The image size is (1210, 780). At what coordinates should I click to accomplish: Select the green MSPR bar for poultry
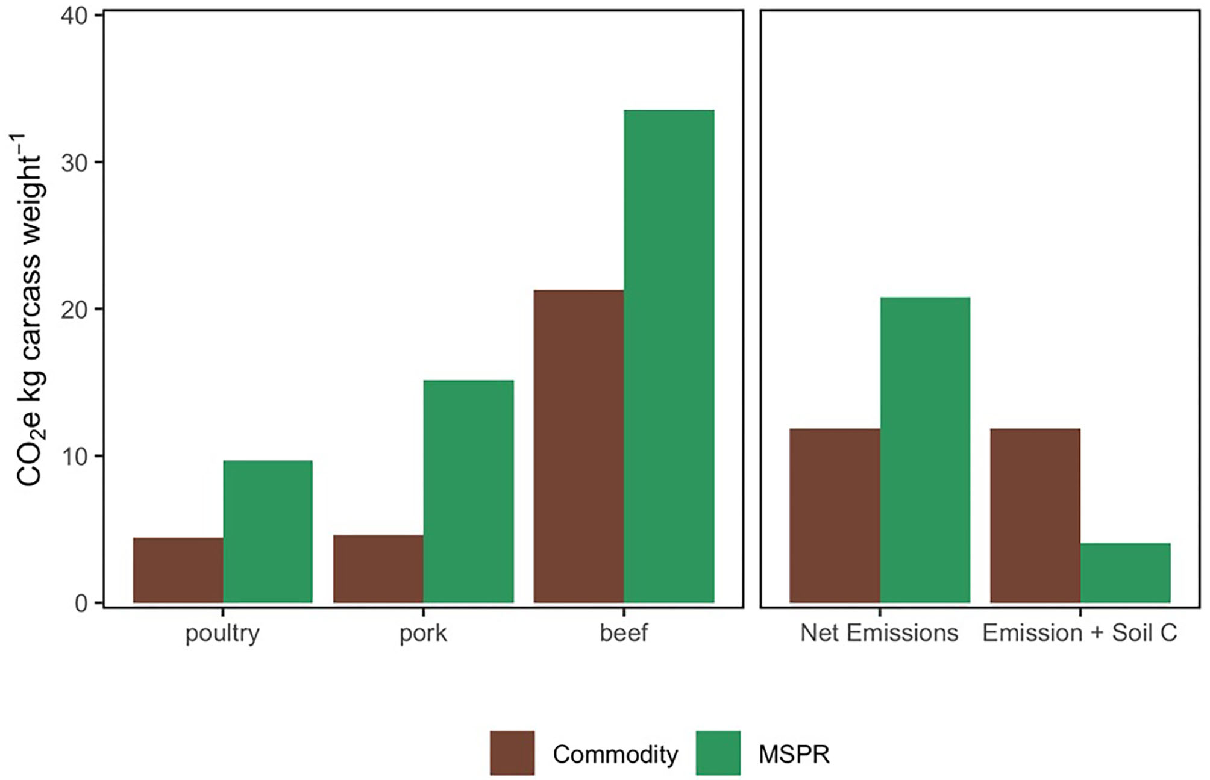click(x=268, y=531)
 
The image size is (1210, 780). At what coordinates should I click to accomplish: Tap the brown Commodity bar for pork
click(x=378, y=569)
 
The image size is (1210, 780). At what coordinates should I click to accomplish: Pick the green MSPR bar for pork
click(x=468, y=491)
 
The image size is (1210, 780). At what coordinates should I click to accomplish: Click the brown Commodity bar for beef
click(x=578, y=446)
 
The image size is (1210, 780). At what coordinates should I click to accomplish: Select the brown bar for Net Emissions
click(x=835, y=515)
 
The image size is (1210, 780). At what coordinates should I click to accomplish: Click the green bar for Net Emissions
click(x=925, y=449)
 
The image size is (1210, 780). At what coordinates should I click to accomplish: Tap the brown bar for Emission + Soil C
click(x=1035, y=515)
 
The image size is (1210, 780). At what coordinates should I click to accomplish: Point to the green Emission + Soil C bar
click(x=1125, y=572)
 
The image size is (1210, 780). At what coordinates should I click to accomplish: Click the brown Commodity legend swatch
click(x=512, y=753)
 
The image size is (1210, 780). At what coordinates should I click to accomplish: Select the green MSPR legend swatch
click(x=718, y=753)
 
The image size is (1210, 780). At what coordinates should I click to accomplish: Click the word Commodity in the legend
click(x=615, y=754)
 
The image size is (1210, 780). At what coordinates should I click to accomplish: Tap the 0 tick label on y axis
click(x=81, y=604)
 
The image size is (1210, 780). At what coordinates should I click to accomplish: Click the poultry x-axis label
click(x=222, y=634)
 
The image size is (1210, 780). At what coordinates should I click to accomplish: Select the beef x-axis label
click(x=624, y=633)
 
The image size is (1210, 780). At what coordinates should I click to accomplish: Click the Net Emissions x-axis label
click(x=879, y=633)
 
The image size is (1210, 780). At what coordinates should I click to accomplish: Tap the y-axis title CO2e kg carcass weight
click(x=28, y=310)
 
